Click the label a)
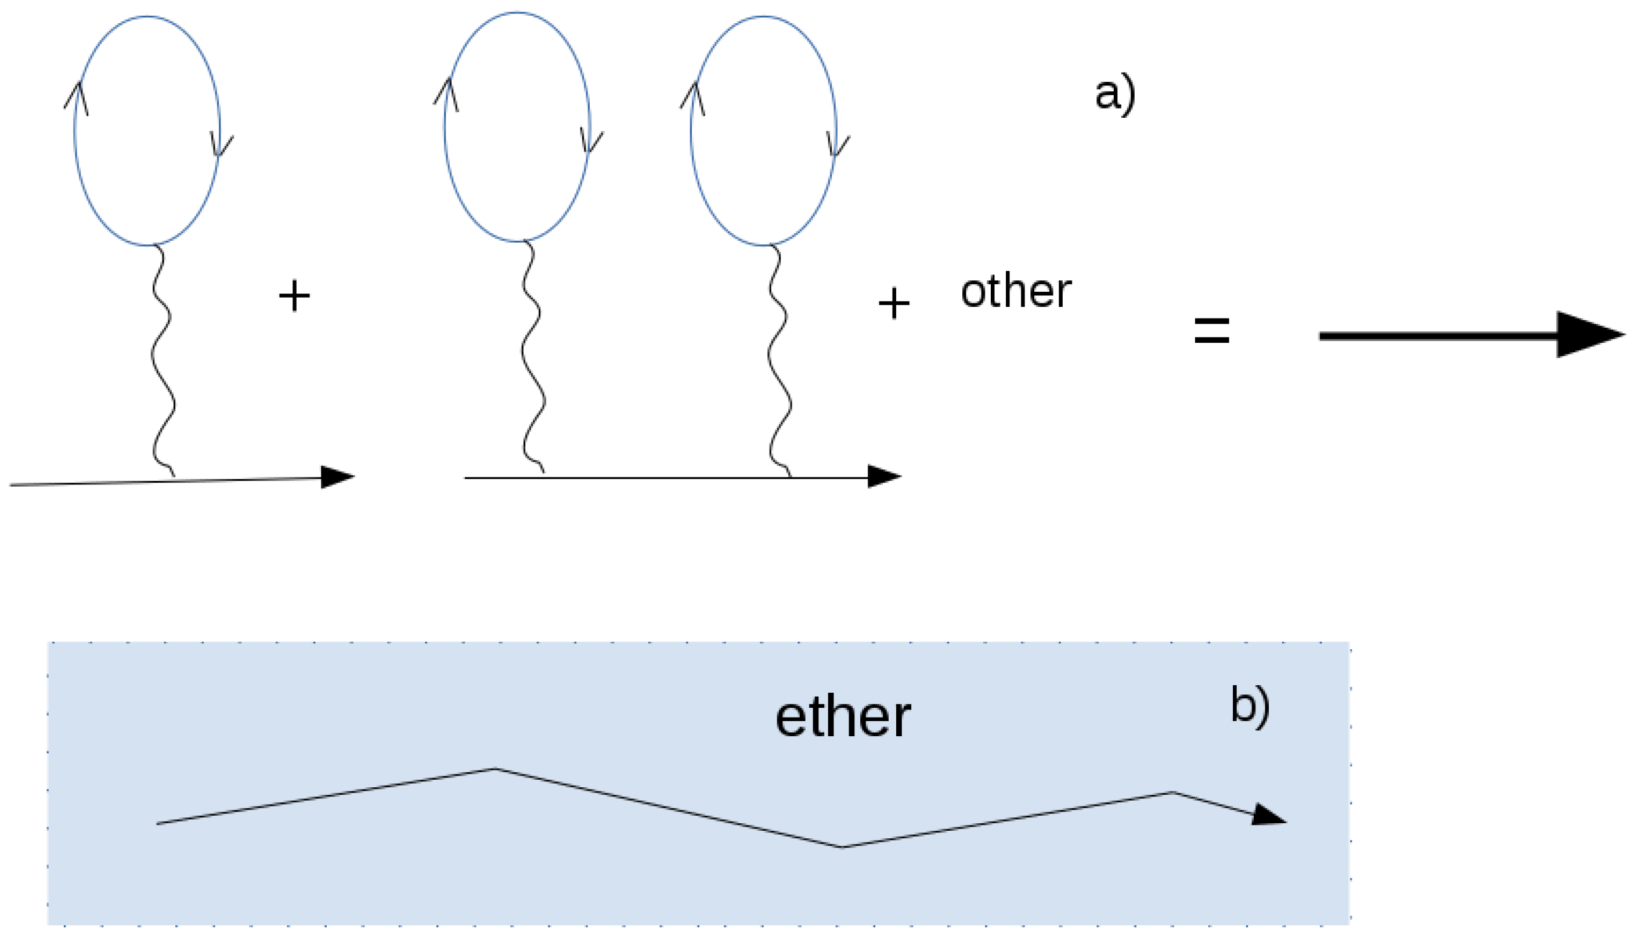point(1114,95)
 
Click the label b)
point(1249,705)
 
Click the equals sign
point(1211,330)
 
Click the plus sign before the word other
point(894,304)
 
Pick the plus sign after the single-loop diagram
point(294,296)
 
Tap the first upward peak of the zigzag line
point(495,769)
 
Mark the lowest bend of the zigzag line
point(841,846)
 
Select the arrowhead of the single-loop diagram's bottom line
point(336,477)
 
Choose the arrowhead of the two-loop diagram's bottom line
point(882,477)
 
